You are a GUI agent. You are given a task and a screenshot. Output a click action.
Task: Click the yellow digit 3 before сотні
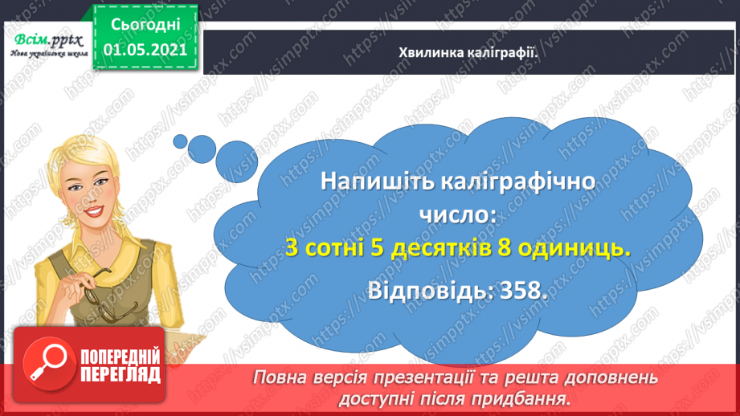pyautogui.click(x=292, y=250)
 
